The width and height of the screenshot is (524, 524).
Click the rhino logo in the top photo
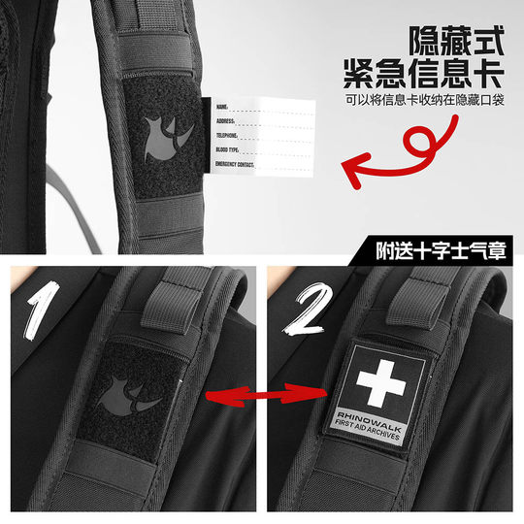coord(163,135)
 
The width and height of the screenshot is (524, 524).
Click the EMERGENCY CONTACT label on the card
coord(234,166)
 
